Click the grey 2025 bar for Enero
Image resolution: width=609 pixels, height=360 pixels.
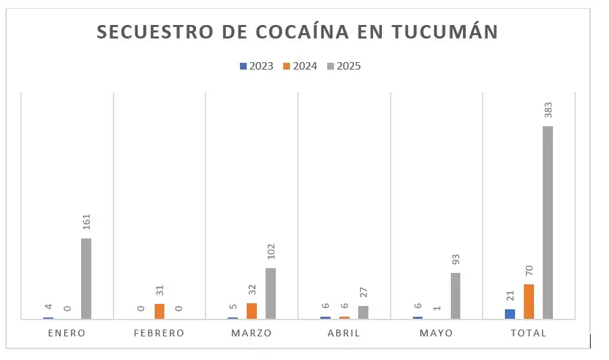point(86,278)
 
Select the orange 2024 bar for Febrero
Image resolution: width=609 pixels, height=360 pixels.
point(160,311)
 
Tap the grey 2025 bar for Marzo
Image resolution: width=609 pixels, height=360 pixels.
point(270,292)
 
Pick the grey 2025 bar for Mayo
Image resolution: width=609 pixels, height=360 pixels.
point(456,295)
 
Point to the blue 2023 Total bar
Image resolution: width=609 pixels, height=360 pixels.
point(510,313)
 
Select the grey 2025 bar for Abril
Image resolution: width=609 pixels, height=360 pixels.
point(363,311)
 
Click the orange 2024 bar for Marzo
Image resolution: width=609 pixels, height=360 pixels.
point(251,310)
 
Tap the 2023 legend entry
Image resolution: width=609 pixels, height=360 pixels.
point(257,66)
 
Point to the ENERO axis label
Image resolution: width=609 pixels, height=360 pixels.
point(67,333)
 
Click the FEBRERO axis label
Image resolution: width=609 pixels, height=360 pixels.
point(159,333)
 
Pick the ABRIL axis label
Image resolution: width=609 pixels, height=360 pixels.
point(343,333)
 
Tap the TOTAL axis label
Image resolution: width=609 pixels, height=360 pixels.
point(529,333)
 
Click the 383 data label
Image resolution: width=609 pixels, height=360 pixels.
point(547,111)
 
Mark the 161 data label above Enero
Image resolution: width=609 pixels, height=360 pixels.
point(86,222)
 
